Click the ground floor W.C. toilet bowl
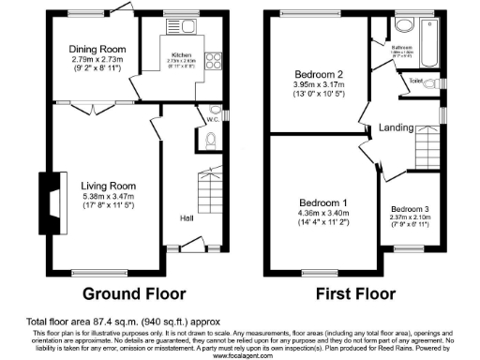click(x=211, y=140)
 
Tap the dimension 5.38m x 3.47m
click(x=109, y=200)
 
